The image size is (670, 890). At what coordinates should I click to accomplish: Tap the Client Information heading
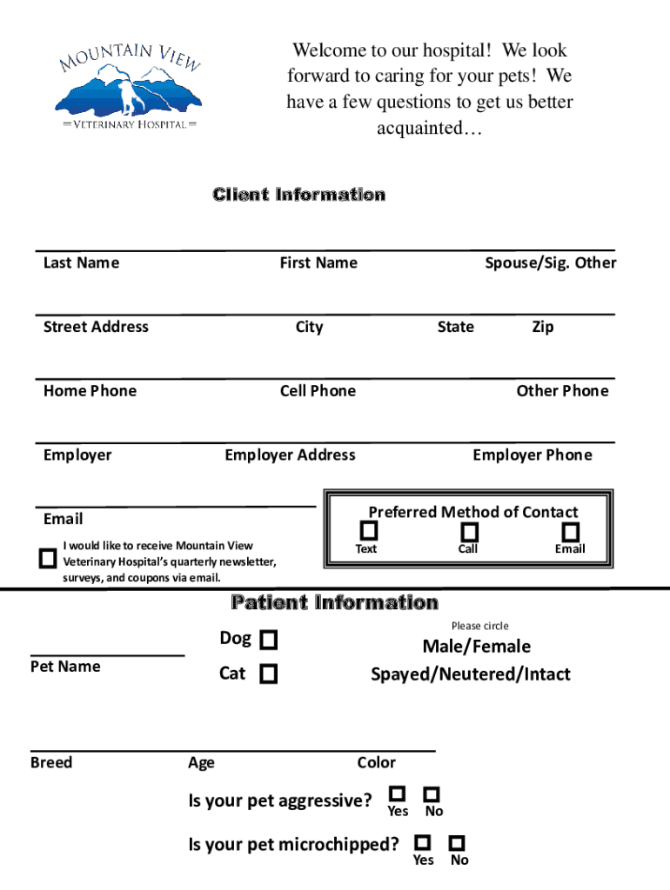click(298, 195)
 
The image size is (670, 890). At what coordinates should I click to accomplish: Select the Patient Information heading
click(334, 602)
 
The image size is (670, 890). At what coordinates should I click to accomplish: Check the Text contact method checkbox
click(370, 530)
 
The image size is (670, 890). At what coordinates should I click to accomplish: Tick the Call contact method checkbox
click(470, 531)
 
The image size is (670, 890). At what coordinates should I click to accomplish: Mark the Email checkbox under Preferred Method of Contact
click(571, 531)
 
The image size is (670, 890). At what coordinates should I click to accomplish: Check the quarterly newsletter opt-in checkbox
click(48, 558)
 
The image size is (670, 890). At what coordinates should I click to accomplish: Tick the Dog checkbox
click(269, 641)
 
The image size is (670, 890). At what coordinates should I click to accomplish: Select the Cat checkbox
click(269, 674)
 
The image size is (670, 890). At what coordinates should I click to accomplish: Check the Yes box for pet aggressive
click(398, 794)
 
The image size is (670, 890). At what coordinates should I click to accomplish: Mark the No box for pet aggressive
click(432, 794)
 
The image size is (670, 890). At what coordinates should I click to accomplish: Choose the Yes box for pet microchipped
click(423, 842)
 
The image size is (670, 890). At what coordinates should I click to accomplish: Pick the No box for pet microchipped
click(458, 843)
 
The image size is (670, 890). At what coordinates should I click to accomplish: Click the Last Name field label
click(81, 262)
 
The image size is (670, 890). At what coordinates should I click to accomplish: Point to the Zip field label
click(542, 327)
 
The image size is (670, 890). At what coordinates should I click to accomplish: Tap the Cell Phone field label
click(318, 391)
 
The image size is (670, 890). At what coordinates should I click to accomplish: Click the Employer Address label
click(290, 455)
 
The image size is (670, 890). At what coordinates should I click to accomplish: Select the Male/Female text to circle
click(476, 646)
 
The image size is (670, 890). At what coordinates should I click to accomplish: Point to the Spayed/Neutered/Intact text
click(471, 674)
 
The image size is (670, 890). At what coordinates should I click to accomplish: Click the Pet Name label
click(65, 667)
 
